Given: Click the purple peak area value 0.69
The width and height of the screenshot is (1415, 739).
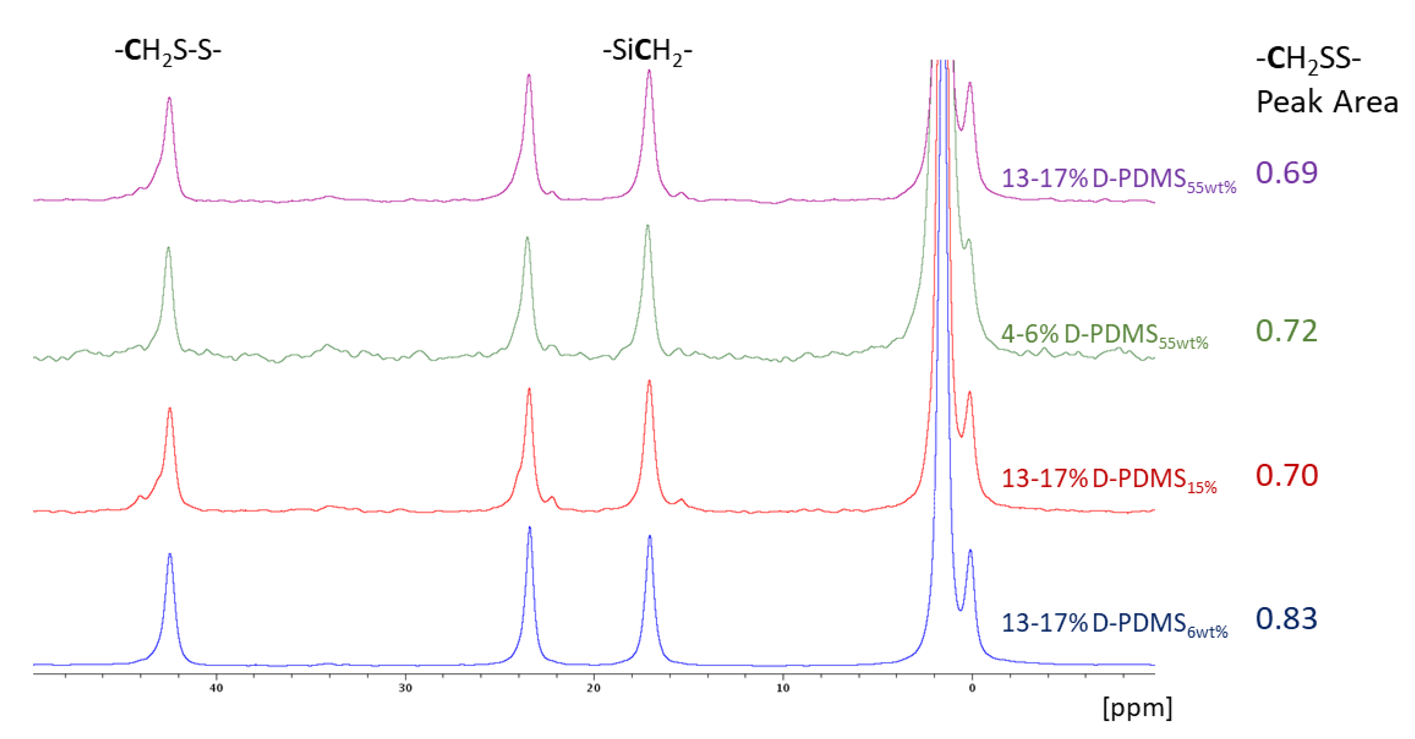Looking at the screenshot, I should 1287,173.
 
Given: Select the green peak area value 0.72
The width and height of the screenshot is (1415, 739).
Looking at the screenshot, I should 1287,331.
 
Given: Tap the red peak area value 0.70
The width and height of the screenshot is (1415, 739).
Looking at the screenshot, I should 1287,475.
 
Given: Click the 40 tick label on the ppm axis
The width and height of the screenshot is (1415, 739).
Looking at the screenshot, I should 216,688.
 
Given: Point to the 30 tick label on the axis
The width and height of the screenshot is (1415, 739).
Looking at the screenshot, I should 405,688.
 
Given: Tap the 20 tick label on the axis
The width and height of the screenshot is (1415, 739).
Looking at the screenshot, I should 594,688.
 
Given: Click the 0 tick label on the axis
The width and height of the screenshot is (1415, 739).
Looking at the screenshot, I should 972,688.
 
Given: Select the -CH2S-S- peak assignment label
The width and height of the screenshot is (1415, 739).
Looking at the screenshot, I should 168,52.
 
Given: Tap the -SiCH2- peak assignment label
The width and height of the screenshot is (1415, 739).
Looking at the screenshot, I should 647,52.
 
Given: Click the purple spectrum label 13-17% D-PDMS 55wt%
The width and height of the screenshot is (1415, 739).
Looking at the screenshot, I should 1118,180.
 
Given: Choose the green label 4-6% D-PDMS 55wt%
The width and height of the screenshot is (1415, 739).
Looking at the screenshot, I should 1104,335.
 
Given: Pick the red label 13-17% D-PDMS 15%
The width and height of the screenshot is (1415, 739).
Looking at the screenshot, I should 1108,479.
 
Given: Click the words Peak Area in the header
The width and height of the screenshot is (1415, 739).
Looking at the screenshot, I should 1327,102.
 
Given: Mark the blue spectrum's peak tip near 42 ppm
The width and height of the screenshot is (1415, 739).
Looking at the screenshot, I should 170,554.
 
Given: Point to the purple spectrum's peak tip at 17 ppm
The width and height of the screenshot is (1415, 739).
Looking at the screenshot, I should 649,71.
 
